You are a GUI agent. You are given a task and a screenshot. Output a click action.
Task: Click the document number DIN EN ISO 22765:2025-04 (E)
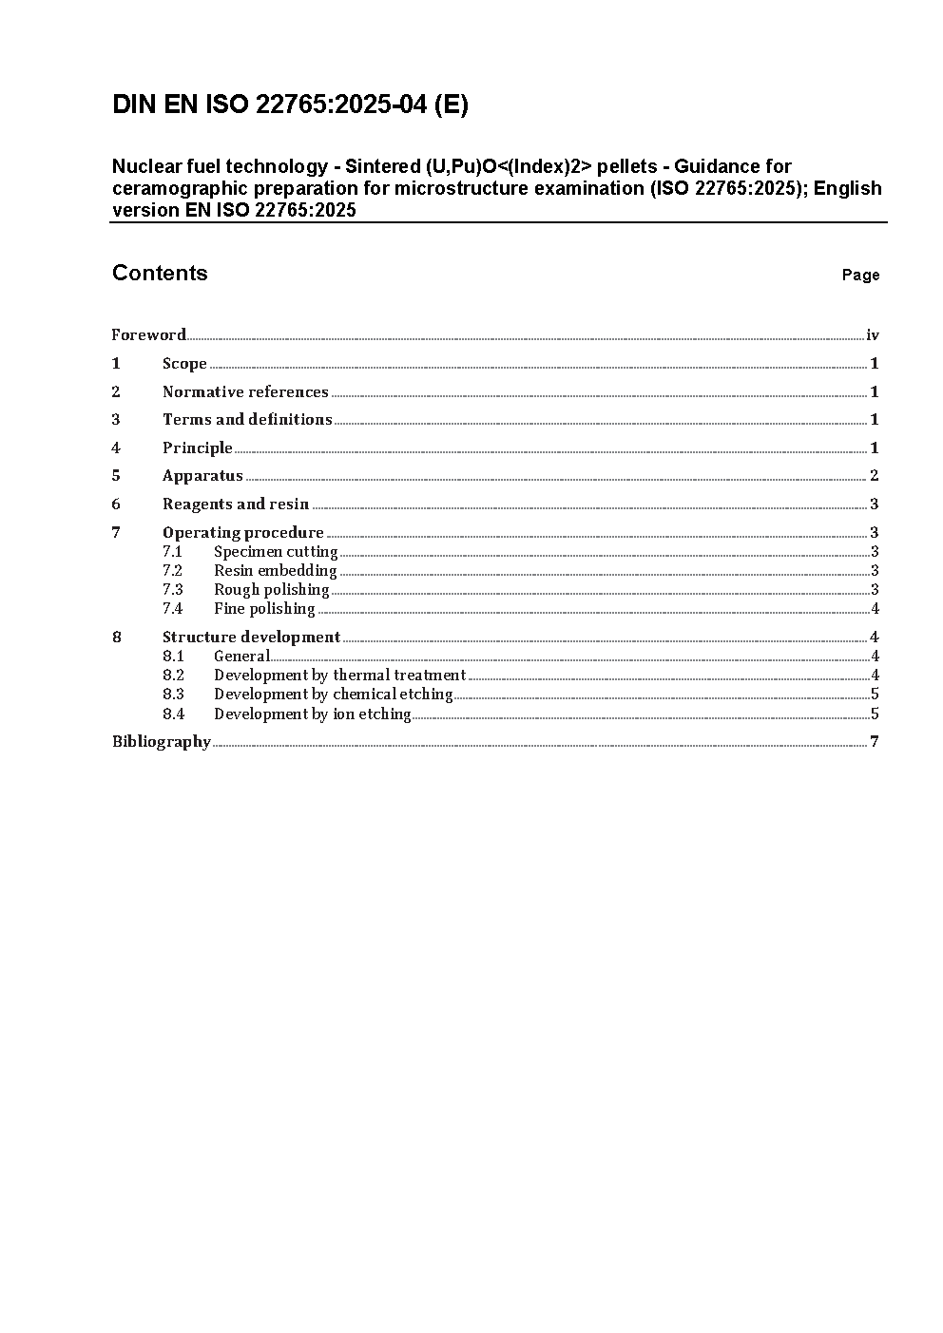click(x=290, y=105)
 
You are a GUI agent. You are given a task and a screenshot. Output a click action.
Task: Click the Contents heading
click(x=160, y=274)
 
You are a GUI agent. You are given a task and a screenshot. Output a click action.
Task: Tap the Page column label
click(x=860, y=276)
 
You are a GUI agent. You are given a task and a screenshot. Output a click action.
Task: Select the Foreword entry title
click(x=148, y=334)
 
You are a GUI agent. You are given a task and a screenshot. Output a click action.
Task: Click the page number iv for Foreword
click(x=873, y=334)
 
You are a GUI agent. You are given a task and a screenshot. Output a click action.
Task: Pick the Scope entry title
click(x=184, y=364)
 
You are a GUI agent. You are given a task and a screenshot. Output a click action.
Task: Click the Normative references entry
click(x=245, y=391)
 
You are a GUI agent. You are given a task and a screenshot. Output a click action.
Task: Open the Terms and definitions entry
click(x=247, y=420)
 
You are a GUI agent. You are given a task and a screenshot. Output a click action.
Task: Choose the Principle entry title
click(x=198, y=448)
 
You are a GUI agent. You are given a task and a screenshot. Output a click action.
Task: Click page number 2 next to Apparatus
click(x=875, y=476)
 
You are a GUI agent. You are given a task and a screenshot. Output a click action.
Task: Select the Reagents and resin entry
click(x=236, y=505)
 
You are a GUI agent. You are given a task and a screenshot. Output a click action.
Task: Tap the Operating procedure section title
click(x=243, y=532)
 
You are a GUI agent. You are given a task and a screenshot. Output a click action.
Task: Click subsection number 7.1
click(x=172, y=552)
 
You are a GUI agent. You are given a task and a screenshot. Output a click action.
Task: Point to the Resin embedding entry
click(x=275, y=571)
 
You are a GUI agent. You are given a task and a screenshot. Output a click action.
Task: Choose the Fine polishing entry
click(x=264, y=609)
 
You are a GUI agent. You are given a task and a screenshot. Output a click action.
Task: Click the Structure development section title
click(x=251, y=637)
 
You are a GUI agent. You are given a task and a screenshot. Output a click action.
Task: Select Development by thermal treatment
click(x=339, y=676)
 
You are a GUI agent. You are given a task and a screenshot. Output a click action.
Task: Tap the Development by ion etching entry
click(x=312, y=714)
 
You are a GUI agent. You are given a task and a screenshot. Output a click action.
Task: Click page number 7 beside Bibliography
click(x=875, y=741)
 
